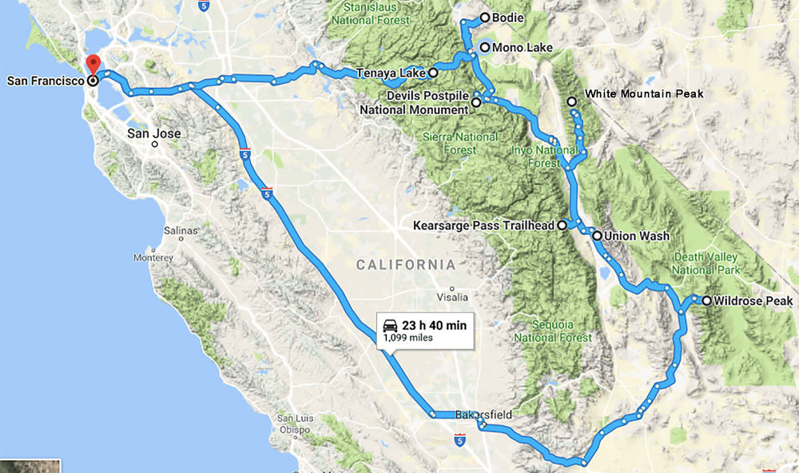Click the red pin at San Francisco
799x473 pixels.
93,64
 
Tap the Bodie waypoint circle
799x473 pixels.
484,18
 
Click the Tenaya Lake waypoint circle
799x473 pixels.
432,73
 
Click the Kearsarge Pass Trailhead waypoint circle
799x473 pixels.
562,226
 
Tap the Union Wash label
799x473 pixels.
637,236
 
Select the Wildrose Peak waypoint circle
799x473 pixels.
706,300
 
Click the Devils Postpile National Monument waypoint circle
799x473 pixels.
476,102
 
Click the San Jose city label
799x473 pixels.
154,133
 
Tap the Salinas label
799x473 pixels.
181,230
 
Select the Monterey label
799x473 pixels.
153,258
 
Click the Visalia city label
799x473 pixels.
452,297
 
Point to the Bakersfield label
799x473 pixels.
483,415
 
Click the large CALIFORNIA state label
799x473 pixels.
406,264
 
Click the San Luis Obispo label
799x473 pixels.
294,424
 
